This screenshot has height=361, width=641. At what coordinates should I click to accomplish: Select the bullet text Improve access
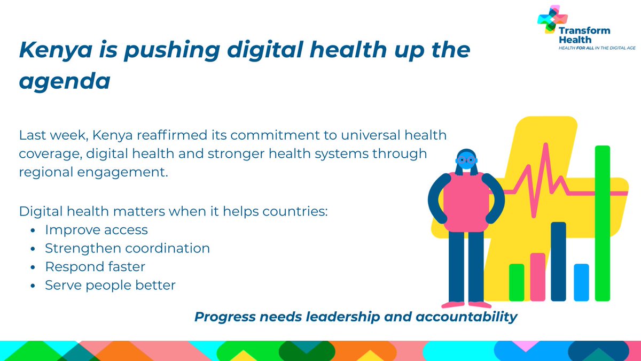(96, 230)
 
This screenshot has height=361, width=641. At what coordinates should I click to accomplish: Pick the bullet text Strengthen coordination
(127, 248)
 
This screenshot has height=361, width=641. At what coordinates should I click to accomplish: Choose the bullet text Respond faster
(95, 266)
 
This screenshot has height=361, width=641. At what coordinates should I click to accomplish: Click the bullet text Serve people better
(110, 285)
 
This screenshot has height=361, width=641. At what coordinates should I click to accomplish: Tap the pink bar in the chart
(537, 276)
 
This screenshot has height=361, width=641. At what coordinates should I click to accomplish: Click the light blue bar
(581, 282)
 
